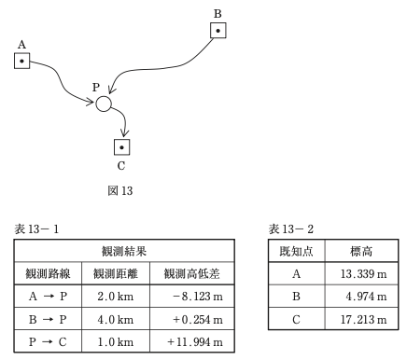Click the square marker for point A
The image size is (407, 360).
click(x=21, y=62)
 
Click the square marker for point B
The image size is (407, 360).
click(x=217, y=31)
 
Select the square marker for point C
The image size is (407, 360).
click(x=121, y=146)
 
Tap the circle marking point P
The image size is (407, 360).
click(x=104, y=104)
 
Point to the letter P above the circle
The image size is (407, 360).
click(x=95, y=87)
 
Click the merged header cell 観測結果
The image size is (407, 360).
click(x=119, y=252)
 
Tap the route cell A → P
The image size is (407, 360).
click(x=44, y=298)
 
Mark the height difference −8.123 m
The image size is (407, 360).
click(x=191, y=298)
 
